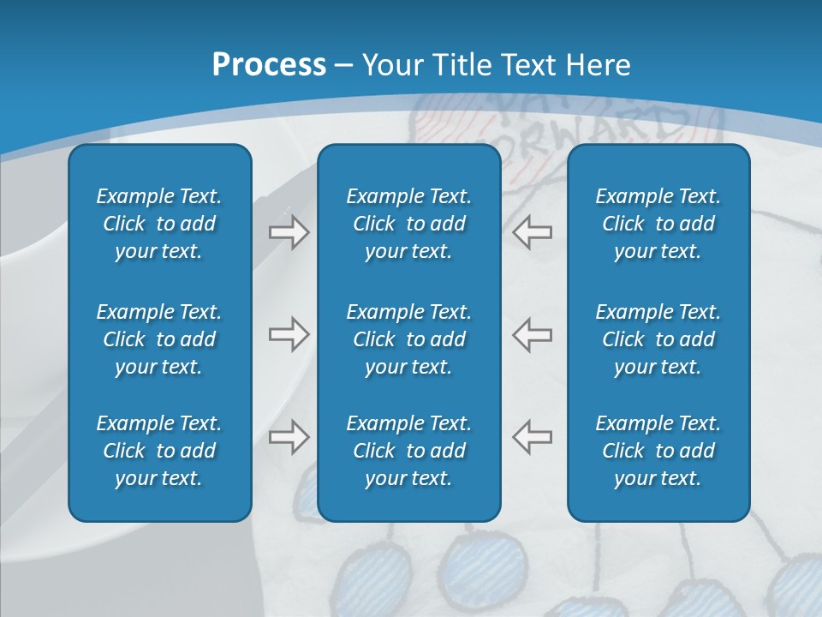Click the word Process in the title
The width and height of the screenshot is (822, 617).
269,65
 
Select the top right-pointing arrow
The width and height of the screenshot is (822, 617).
289,231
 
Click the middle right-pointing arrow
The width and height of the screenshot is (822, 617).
289,334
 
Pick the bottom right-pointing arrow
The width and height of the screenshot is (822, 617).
289,437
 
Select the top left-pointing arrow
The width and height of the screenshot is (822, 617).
532,231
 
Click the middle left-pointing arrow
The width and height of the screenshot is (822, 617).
532,334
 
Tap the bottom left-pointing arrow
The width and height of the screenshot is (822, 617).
532,437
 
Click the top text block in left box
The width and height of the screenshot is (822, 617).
159,224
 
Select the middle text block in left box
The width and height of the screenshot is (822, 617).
159,339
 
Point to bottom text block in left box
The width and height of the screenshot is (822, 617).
159,451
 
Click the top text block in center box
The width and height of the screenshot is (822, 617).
408,224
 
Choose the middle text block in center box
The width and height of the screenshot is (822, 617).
408,339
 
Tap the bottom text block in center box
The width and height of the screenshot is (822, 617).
408,451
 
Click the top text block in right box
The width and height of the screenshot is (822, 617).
658,224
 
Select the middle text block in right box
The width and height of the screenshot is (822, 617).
658,339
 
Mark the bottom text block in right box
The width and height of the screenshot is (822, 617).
658,451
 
